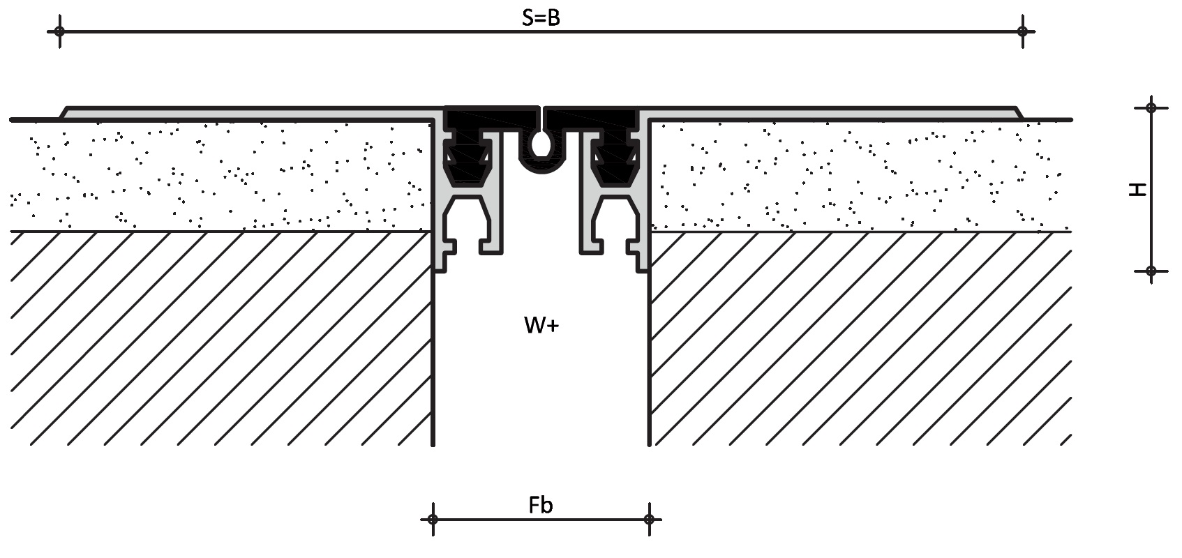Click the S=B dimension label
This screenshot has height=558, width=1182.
click(541, 18)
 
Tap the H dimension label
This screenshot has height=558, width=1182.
click(1138, 189)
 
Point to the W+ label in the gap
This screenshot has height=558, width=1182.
click(541, 325)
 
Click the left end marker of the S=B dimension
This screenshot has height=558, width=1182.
click(60, 31)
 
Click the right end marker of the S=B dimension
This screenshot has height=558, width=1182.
click(1022, 31)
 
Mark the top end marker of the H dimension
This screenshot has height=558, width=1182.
click(1151, 107)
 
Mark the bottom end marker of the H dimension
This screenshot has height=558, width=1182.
click(1151, 271)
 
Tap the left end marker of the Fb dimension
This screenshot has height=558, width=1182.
click(433, 519)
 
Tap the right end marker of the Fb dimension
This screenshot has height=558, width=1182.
click(649, 519)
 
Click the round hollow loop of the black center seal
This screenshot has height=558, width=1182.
click(541, 145)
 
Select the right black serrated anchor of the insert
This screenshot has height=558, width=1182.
click(612, 160)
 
